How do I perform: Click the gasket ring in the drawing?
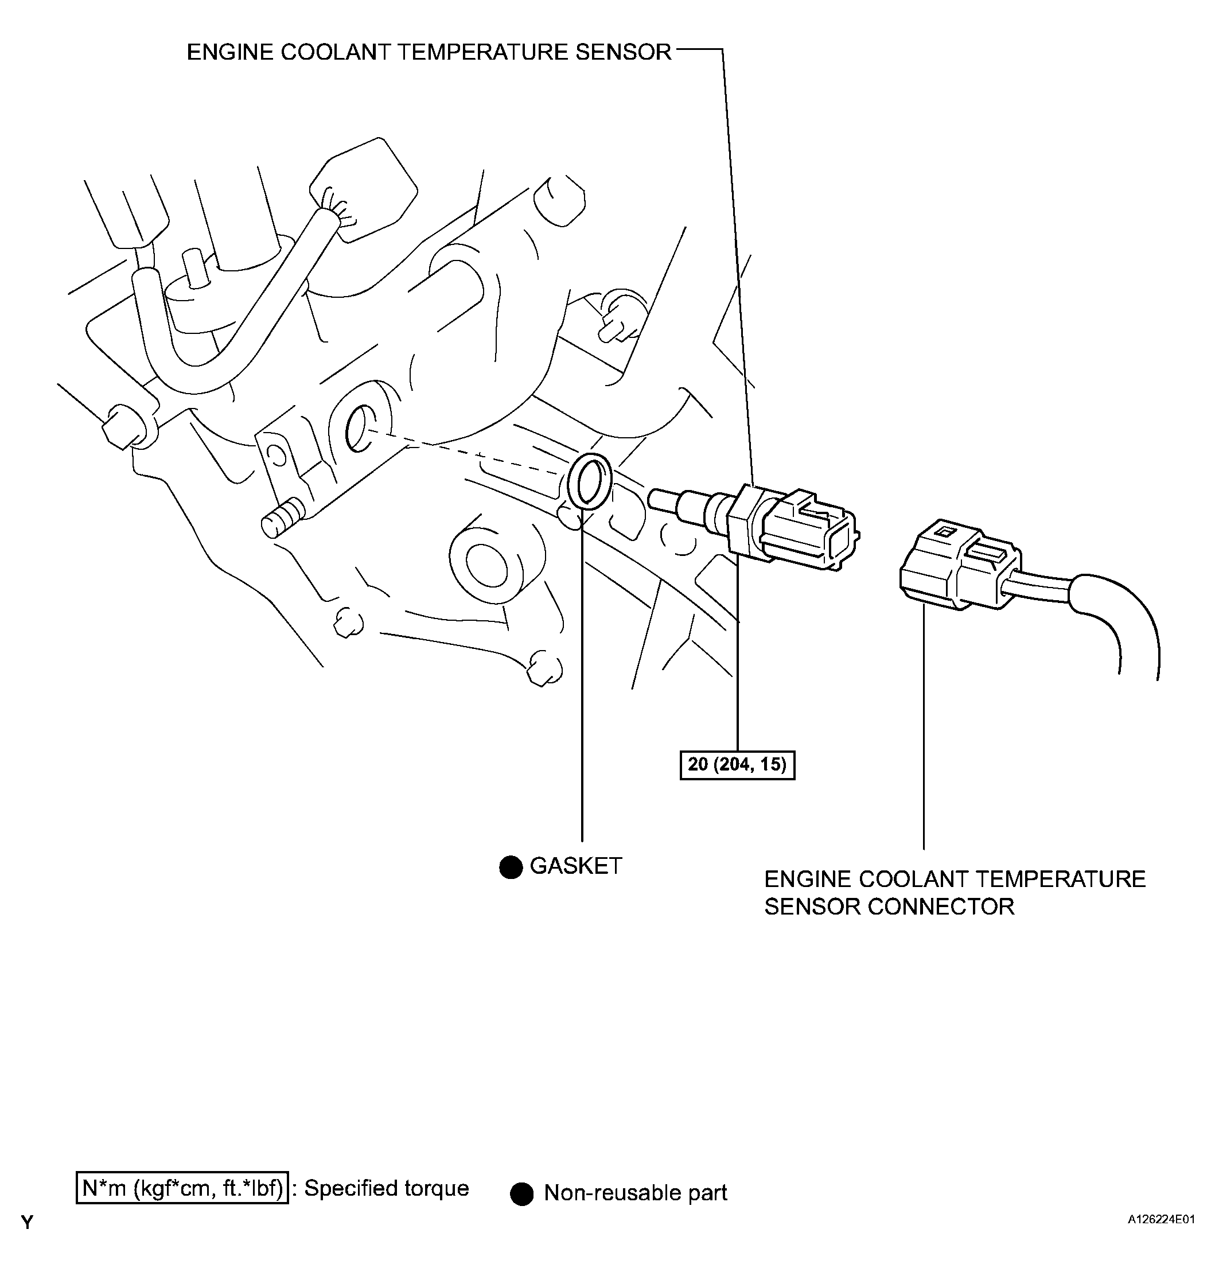tap(589, 482)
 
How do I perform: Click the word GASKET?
tap(576, 866)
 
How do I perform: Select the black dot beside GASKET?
tap(511, 867)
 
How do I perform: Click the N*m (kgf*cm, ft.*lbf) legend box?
tap(182, 1188)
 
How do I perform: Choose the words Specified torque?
tap(387, 1188)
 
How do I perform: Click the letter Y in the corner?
tap(27, 1223)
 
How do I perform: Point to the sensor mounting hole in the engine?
tap(358, 427)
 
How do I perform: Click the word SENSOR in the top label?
tap(622, 52)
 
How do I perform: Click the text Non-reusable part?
tap(636, 1193)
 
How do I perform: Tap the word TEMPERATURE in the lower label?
tap(1060, 880)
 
